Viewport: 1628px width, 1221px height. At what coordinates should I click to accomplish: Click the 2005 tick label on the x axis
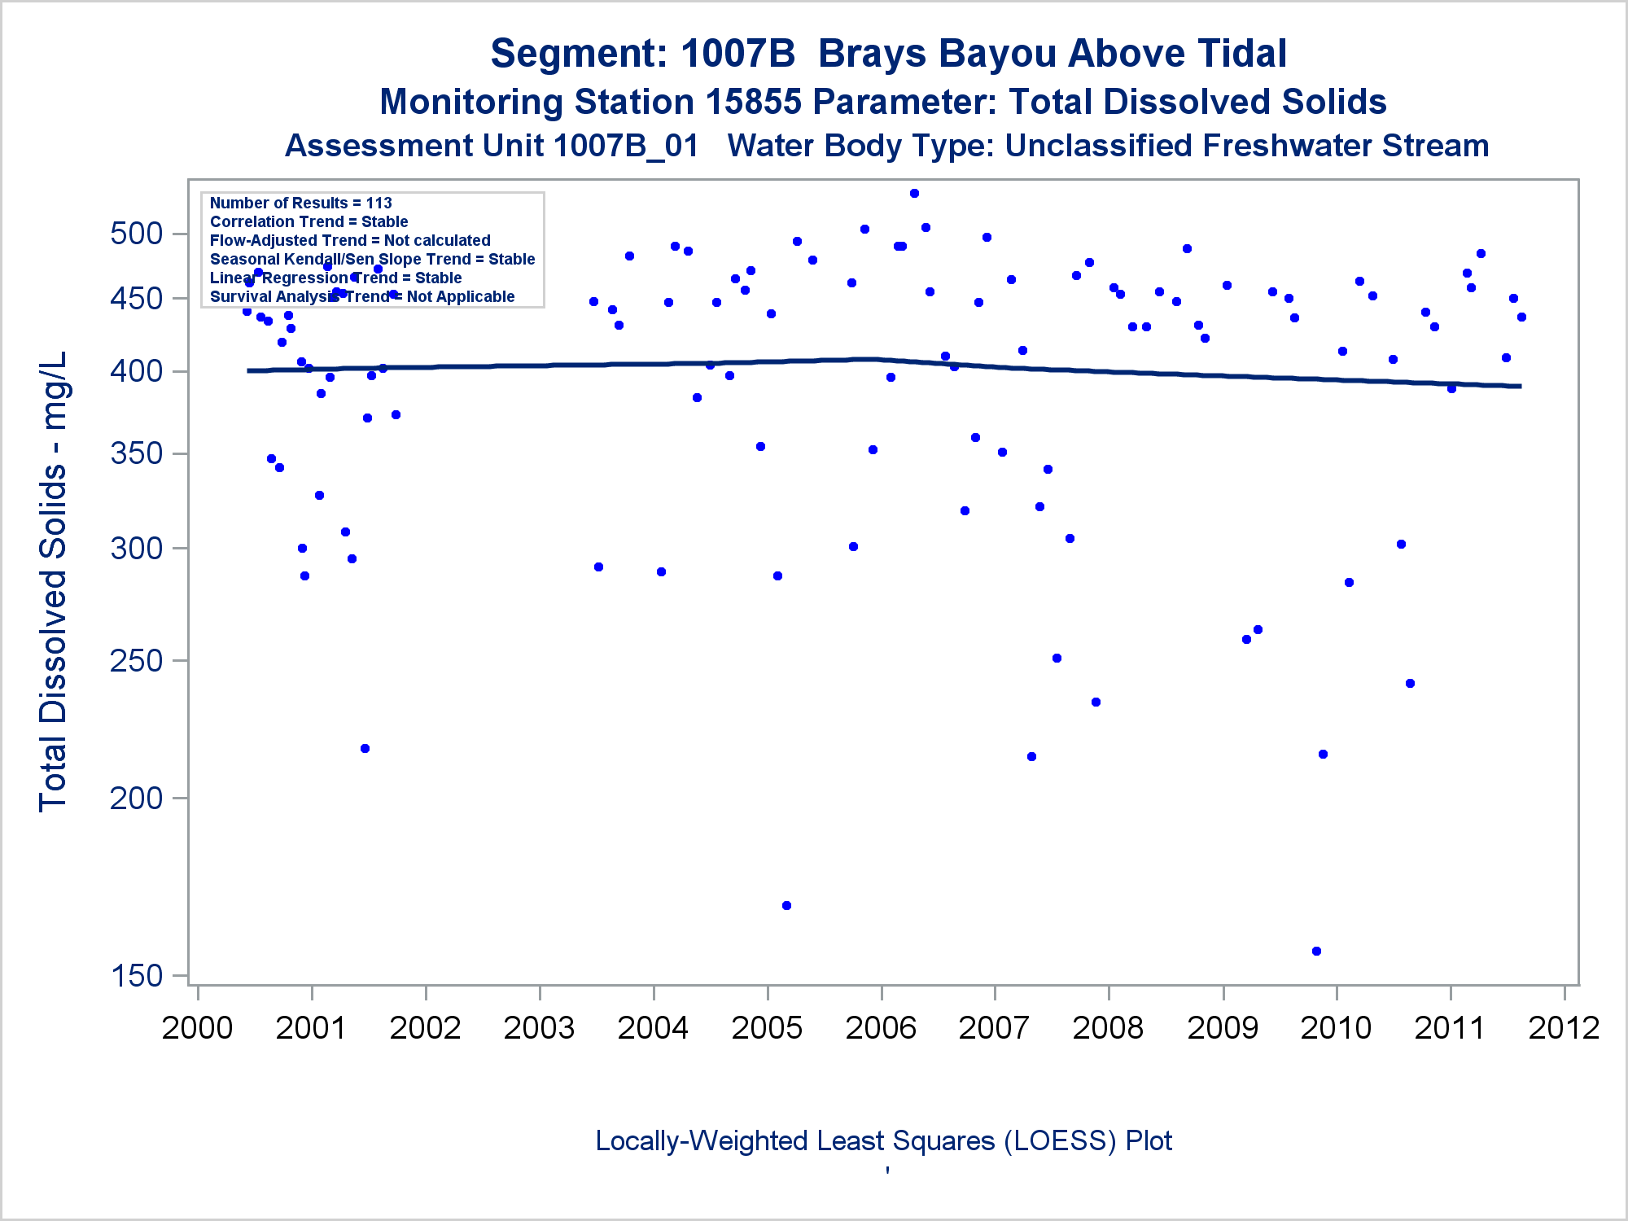point(767,1028)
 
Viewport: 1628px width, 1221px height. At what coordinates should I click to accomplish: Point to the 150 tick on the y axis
point(137,975)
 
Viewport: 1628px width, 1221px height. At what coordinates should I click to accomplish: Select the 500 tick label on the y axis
point(137,234)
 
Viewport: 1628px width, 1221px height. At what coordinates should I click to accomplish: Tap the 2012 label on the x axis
point(1564,1028)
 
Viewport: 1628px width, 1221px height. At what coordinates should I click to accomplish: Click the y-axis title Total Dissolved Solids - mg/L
point(53,581)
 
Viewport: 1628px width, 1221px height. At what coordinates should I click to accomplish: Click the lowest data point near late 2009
point(1316,951)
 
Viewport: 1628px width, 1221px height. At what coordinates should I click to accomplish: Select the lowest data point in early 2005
point(786,905)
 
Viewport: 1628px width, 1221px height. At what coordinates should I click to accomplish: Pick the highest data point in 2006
point(914,194)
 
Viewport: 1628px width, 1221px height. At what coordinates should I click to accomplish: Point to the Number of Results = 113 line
point(300,203)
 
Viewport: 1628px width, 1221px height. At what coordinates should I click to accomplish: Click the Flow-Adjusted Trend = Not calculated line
point(350,240)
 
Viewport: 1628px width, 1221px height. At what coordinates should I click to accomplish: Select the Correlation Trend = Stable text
point(309,221)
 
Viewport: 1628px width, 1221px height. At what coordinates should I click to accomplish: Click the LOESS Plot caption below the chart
point(883,1140)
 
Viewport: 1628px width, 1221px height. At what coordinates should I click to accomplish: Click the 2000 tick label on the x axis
point(198,1028)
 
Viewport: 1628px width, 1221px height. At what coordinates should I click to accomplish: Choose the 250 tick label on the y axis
point(137,661)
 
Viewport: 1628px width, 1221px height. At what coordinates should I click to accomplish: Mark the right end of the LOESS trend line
point(1520,386)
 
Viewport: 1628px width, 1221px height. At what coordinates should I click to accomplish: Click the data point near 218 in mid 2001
point(365,748)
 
